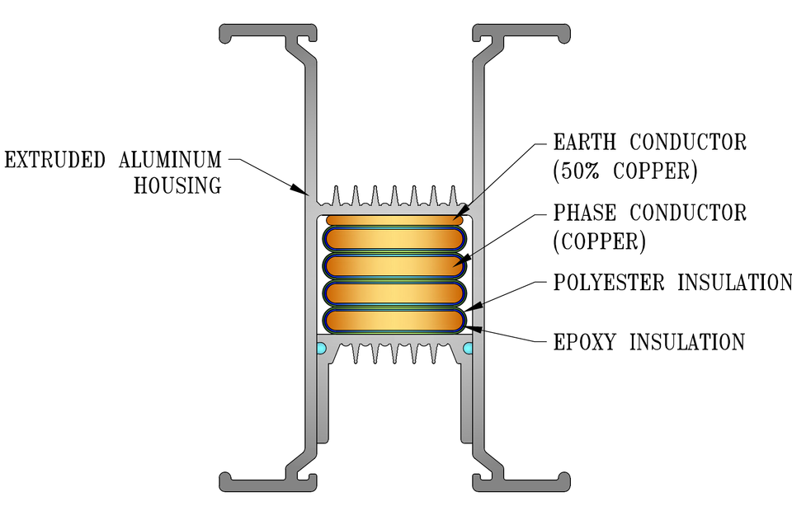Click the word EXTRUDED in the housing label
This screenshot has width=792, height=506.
[x=54, y=160]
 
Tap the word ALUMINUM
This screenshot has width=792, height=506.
[x=170, y=160]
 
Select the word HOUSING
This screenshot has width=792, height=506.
[x=178, y=185]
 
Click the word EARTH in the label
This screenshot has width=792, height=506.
[x=584, y=143]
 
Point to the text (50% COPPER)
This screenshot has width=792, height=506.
[x=625, y=171]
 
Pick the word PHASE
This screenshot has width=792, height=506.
[x=584, y=213]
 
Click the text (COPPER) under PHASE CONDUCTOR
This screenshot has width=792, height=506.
[x=600, y=242]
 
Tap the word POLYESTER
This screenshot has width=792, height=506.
[x=609, y=283]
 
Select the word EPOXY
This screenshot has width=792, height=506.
[x=584, y=343]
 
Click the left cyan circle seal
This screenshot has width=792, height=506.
[x=321, y=348]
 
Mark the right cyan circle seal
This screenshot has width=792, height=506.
[x=468, y=348]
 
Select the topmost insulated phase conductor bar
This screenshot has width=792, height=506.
[x=394, y=239]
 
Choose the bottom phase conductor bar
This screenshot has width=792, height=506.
[x=394, y=321]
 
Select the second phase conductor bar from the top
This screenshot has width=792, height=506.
[x=394, y=266]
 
